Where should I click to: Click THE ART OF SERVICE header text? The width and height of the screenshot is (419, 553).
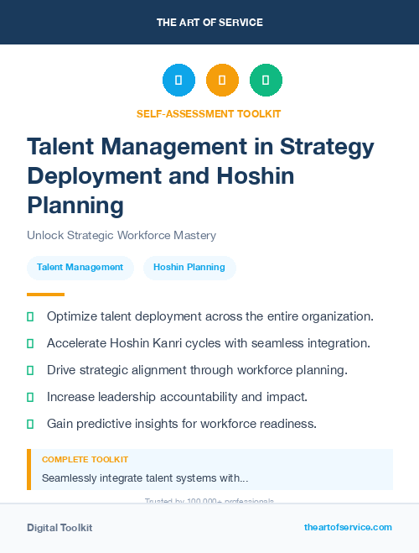tap(209, 23)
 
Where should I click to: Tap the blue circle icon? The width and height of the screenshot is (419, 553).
tap(178, 81)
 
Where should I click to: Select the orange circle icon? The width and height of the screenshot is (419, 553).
tap(222, 81)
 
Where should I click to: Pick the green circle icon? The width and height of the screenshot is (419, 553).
tap(266, 81)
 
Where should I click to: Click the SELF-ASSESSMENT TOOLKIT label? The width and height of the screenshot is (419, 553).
tap(209, 113)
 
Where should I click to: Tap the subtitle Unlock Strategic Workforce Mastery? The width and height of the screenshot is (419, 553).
tap(122, 236)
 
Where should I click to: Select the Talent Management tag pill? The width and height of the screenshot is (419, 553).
tap(80, 267)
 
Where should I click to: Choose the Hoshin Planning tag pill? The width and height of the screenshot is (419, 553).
tap(189, 267)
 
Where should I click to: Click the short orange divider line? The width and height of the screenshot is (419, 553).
tap(45, 295)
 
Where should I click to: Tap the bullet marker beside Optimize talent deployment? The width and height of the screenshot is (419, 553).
tap(30, 316)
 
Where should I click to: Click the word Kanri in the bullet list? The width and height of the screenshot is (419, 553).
tap(166, 343)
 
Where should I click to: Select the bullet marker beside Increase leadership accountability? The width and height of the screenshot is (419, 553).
tap(30, 397)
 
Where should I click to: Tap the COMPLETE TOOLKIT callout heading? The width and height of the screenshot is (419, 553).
tap(85, 460)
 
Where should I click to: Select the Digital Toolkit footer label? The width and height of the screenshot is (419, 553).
tap(59, 528)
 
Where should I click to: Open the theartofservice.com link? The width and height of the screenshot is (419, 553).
tap(348, 527)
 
